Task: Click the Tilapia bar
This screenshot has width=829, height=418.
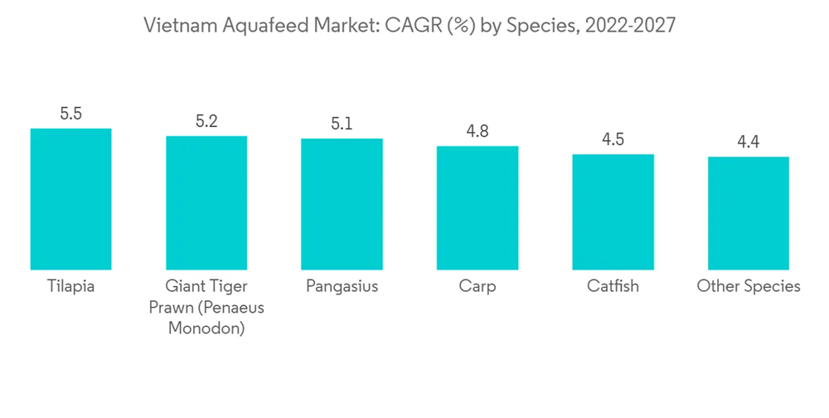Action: (70, 199)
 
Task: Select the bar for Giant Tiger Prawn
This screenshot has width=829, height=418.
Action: (206, 202)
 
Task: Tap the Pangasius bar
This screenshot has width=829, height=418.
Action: (342, 204)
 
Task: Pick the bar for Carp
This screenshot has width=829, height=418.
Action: (478, 207)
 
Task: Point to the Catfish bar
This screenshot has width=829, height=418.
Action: (613, 211)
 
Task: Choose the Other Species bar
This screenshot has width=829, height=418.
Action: (749, 213)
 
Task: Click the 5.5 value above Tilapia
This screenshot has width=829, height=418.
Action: (70, 114)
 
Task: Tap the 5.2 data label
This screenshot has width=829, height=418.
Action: (206, 122)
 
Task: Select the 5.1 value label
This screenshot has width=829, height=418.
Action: (342, 124)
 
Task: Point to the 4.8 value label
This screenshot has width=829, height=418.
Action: (478, 132)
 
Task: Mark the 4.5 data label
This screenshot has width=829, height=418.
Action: (613, 139)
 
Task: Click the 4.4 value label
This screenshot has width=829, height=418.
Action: (749, 143)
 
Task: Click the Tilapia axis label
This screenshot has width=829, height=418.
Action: (70, 287)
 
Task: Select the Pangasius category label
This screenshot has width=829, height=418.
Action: (342, 287)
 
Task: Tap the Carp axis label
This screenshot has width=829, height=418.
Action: (478, 287)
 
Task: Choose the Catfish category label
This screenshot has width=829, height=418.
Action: (613, 287)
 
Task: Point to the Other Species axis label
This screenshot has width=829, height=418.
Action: (749, 287)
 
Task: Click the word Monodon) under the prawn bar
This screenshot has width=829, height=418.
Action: (206, 328)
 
